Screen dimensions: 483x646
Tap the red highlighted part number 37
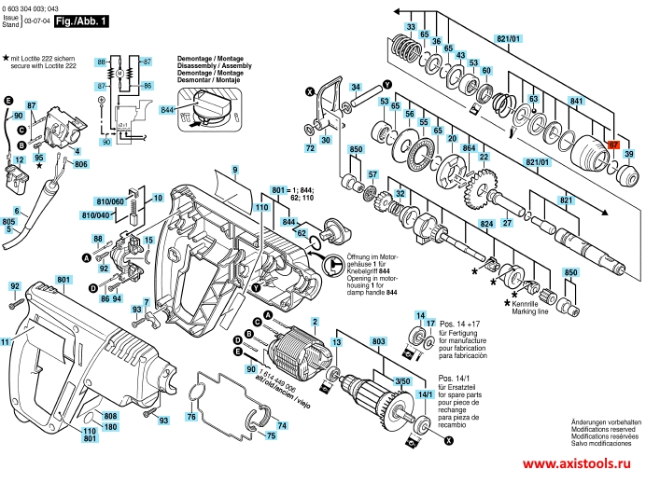point(613,145)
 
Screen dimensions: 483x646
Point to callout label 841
point(576,100)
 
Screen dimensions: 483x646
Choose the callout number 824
point(484,226)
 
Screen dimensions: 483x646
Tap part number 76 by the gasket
point(191,416)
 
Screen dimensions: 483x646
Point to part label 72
point(310,147)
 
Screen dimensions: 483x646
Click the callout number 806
point(81,164)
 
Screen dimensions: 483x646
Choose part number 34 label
point(356,87)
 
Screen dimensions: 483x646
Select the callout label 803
point(379,343)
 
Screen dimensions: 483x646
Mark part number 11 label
point(6,343)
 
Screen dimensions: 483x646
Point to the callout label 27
point(507,224)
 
